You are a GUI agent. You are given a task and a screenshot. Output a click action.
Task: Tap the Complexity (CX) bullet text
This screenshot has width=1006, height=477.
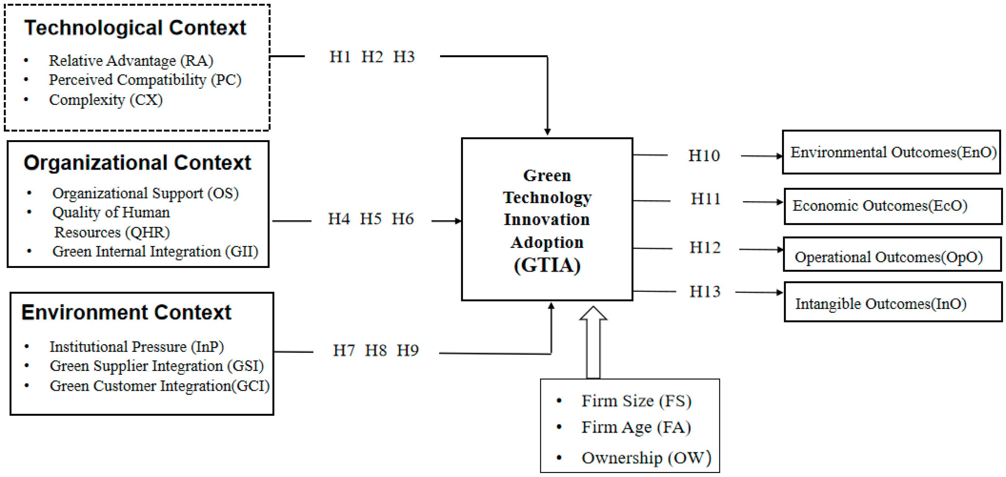[105, 100]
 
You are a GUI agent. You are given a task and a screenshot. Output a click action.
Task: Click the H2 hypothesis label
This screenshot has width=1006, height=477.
[372, 57]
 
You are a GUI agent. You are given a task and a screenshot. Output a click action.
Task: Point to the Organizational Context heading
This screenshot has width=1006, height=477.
[137, 163]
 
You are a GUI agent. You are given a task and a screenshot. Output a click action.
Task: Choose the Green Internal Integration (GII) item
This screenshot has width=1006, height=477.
[155, 252]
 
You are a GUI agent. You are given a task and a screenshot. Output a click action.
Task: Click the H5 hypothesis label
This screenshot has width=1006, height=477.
[370, 219]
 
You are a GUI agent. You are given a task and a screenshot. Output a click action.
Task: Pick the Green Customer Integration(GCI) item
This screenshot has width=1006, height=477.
[159, 386]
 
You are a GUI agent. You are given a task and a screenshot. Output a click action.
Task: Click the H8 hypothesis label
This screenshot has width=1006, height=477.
[375, 350]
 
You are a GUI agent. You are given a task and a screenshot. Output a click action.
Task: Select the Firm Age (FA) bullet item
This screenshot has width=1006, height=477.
[636, 427]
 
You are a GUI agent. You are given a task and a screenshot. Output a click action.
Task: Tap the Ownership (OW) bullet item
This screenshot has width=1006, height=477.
[646, 458]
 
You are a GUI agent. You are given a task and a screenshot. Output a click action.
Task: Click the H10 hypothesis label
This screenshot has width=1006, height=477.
[704, 156]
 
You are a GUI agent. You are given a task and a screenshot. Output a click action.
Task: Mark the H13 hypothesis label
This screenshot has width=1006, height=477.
[704, 292]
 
